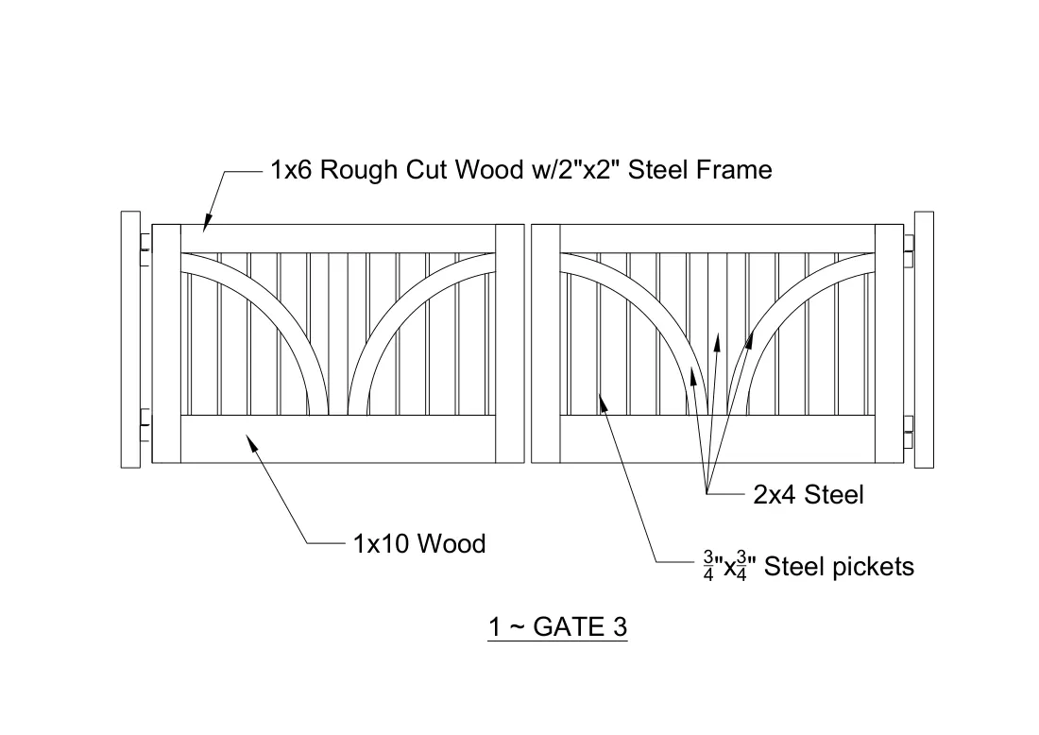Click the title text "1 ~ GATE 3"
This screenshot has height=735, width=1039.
point(557,627)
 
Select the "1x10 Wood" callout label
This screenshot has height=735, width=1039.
point(419,544)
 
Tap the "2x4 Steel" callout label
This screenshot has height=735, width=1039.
point(809,495)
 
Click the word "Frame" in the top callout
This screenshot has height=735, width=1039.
point(735,170)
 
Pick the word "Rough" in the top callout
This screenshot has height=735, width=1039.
point(359,170)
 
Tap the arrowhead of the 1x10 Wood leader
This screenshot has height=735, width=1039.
point(252,443)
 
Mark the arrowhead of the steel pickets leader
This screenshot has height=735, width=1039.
point(603,402)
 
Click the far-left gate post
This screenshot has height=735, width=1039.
point(130,340)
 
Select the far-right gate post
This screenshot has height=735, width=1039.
point(924,340)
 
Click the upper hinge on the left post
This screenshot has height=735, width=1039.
point(145,249)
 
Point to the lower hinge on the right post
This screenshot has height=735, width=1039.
point(909,432)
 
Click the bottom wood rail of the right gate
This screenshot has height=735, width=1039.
point(718,439)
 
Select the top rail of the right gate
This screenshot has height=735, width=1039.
point(718,239)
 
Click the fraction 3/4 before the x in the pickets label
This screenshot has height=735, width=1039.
point(708,568)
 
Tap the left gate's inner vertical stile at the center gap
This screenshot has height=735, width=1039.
point(509,344)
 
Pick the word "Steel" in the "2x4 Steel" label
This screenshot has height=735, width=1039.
point(834,495)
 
